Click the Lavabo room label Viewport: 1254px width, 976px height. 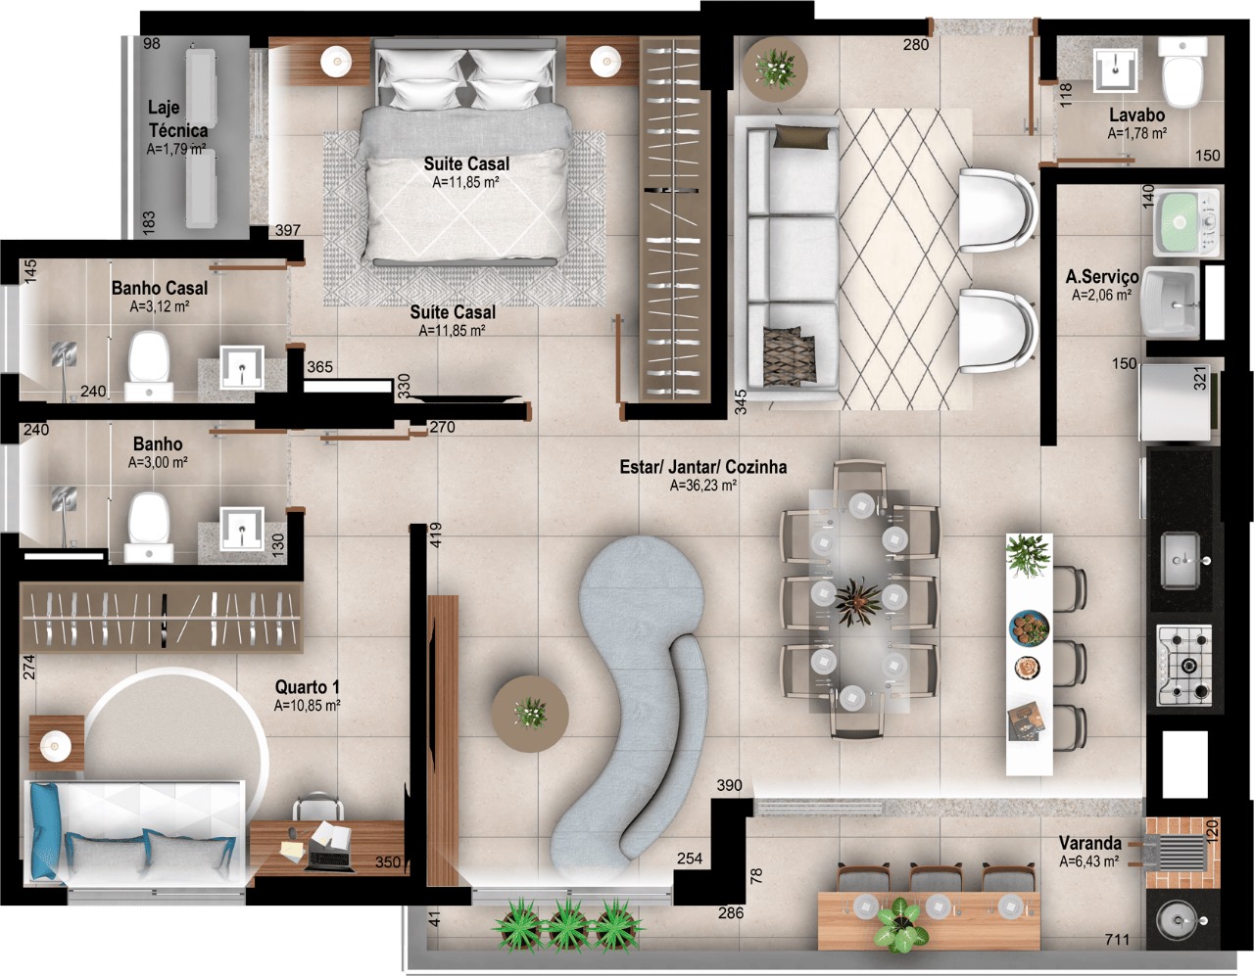(x=1136, y=116)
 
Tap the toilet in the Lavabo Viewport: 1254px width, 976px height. (x=1182, y=80)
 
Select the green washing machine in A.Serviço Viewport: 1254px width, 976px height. (x=1187, y=223)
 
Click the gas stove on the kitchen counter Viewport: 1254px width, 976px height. (x=1184, y=666)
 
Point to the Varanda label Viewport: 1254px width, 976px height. (x=1089, y=844)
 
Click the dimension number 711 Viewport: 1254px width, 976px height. (x=1117, y=940)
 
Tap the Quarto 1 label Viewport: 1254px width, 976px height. (x=307, y=686)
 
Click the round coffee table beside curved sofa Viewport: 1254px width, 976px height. (x=530, y=714)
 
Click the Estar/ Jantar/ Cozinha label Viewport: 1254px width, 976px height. (x=702, y=466)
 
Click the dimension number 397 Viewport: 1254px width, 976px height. (x=287, y=230)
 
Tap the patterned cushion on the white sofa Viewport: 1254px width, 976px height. (x=789, y=356)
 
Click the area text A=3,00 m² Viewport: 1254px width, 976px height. (x=158, y=462)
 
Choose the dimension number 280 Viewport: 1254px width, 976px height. (x=916, y=44)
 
